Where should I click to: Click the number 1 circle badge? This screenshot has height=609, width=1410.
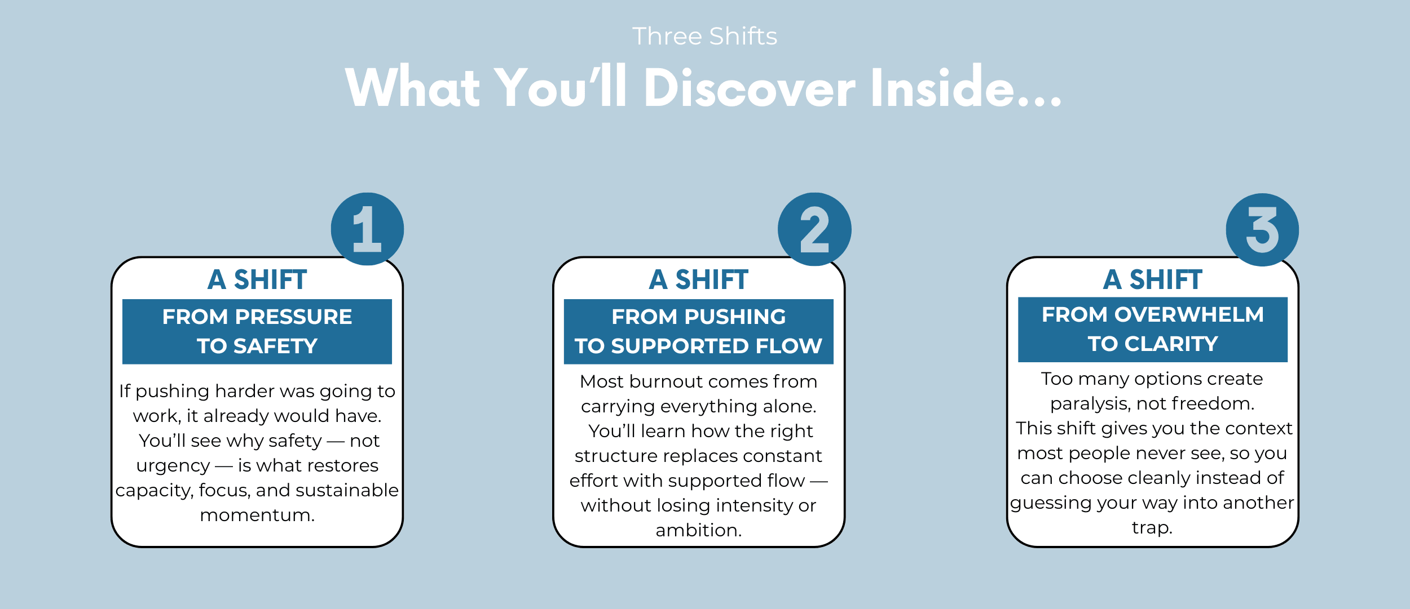tap(367, 229)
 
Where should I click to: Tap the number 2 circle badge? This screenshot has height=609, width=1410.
tap(814, 229)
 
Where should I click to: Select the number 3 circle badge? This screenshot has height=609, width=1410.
tap(1262, 229)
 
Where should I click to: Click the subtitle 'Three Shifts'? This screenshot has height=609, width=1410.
tap(704, 36)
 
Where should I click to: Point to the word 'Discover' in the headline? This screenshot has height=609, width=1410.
tap(750, 87)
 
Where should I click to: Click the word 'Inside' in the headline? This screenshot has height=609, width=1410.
tap(942, 87)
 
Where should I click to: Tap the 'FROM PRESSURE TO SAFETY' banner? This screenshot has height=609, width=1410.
tap(257, 331)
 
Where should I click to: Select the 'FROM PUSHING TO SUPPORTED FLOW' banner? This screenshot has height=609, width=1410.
tap(699, 331)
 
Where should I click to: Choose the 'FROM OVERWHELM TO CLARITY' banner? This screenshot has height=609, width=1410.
tap(1153, 329)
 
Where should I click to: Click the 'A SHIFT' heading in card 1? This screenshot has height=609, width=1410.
tap(257, 279)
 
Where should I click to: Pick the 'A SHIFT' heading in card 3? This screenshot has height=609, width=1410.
tap(1153, 279)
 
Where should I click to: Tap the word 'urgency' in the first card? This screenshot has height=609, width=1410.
tap(173, 466)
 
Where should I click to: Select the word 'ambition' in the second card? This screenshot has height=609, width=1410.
tap(696, 530)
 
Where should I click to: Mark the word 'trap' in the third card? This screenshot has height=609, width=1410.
tap(1150, 528)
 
